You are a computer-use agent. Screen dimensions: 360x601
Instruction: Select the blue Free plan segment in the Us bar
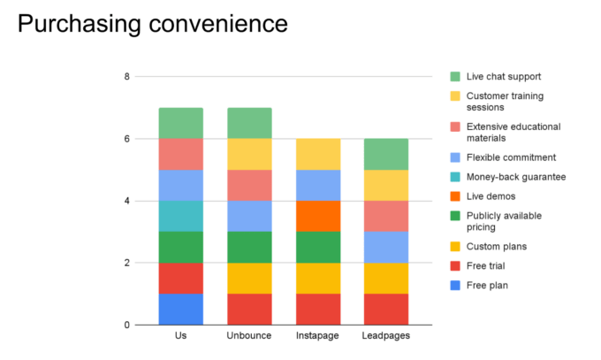pyautogui.click(x=181, y=309)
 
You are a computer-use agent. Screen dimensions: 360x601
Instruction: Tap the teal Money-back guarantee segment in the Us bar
pyautogui.click(x=181, y=216)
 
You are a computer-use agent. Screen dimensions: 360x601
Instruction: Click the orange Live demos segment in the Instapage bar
pyautogui.click(x=317, y=216)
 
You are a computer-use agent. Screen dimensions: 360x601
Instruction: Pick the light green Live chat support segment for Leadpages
pyautogui.click(x=385, y=154)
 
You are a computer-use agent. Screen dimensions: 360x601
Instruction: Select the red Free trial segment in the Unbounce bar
pyautogui.click(x=249, y=309)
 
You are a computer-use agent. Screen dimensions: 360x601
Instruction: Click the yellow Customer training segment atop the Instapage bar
pyautogui.click(x=317, y=154)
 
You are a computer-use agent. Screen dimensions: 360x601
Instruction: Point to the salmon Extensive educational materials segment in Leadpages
pyautogui.click(x=385, y=216)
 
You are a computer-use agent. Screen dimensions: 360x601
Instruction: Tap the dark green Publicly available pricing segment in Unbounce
pyautogui.click(x=249, y=247)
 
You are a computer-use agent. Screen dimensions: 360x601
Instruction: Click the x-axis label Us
pyautogui.click(x=181, y=337)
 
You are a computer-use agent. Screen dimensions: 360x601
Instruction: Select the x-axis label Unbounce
pyautogui.click(x=249, y=337)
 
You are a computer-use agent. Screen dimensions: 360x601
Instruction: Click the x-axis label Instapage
pyautogui.click(x=317, y=337)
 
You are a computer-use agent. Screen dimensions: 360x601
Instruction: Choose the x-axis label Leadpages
pyautogui.click(x=385, y=337)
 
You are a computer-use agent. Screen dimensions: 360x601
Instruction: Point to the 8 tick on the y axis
pyautogui.click(x=127, y=77)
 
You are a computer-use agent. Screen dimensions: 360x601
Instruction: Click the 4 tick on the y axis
pyautogui.click(x=127, y=201)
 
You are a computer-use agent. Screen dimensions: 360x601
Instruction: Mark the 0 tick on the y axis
pyautogui.click(x=127, y=325)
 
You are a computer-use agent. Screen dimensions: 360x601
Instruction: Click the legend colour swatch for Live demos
pyautogui.click(x=455, y=195)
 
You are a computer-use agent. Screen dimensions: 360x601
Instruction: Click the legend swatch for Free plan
pyautogui.click(x=455, y=285)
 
